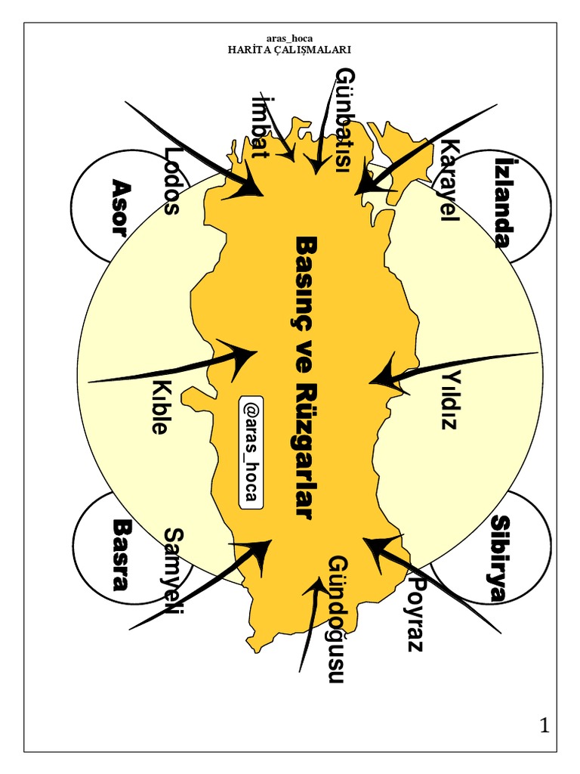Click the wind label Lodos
tap(171, 181)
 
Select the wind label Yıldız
tap(451, 399)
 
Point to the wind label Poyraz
tap(415, 613)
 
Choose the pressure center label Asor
tap(119, 206)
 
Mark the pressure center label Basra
tap(119, 554)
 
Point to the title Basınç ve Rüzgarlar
tap(304, 376)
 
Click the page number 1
tap(544, 726)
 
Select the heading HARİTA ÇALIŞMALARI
tap(290, 50)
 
